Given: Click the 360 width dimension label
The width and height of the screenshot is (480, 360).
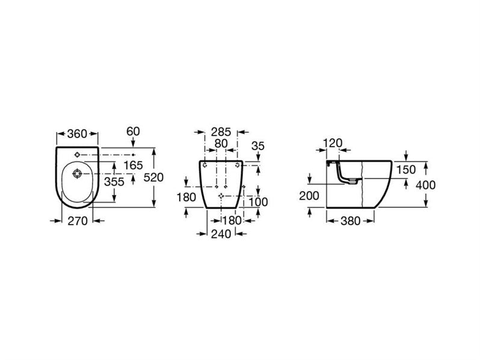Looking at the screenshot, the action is tap(77, 133).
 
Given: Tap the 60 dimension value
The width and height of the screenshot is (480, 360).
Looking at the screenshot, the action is tap(133, 131).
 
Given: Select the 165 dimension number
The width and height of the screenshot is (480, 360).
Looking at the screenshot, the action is tap(133, 165).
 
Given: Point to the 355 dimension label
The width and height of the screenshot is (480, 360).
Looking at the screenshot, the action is tap(114, 182).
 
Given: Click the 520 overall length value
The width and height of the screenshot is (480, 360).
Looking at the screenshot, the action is tap(153, 177).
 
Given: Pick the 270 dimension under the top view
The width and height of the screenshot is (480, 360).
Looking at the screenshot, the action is tap(78, 221).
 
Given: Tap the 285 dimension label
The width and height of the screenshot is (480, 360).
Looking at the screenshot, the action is tap(221, 132).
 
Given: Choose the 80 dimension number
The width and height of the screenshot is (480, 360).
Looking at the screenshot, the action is tap(221, 144).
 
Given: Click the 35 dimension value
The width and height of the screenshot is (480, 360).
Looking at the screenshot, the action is tap(258, 146).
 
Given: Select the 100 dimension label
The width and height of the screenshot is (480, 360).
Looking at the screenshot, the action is tap(258, 202).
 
